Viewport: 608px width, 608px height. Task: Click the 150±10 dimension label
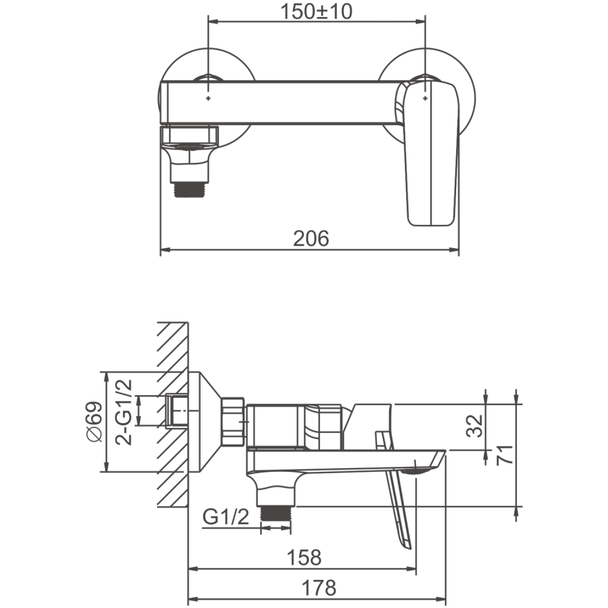317,12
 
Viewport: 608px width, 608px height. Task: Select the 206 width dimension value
311,238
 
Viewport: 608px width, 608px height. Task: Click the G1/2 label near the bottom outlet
226,518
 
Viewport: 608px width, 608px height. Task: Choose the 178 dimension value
318,587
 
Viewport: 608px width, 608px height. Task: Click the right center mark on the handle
426,95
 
